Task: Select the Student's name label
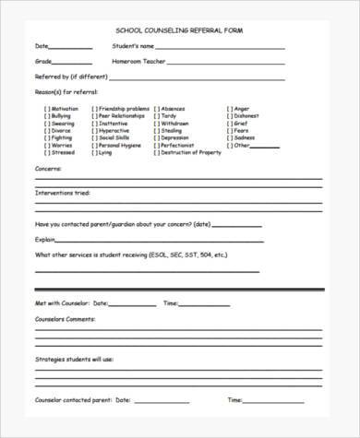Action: click(x=133, y=45)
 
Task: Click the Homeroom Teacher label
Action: click(x=138, y=61)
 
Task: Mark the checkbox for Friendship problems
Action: click(x=94, y=109)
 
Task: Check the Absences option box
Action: click(x=156, y=109)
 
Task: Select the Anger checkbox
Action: click(x=230, y=109)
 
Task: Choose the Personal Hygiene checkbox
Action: click(x=94, y=145)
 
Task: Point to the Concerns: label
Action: click(x=49, y=169)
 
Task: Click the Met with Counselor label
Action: click(x=61, y=302)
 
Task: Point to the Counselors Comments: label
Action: click(x=65, y=318)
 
